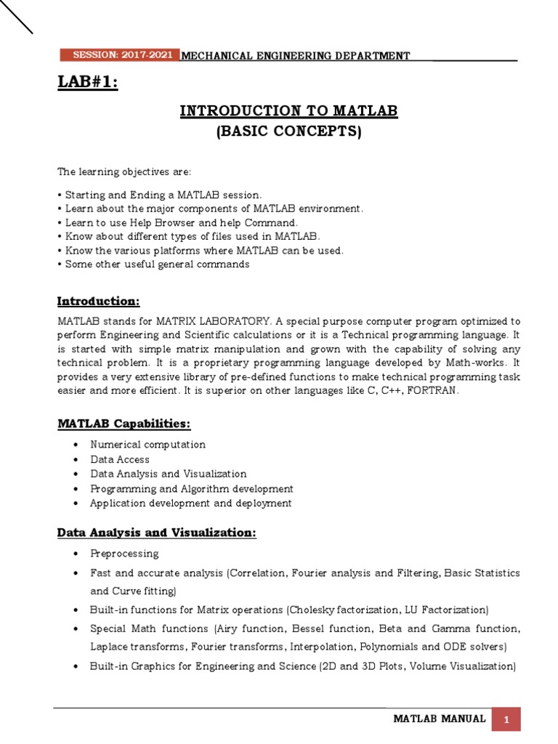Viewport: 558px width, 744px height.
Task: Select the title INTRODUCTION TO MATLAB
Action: [x=288, y=111]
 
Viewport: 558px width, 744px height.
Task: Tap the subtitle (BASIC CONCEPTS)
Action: [x=288, y=132]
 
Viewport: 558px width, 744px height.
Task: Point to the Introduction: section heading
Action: [x=98, y=301]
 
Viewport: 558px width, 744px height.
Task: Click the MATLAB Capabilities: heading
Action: [x=124, y=424]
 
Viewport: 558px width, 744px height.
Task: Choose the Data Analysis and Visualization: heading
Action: [x=156, y=533]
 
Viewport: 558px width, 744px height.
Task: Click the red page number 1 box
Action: [x=506, y=719]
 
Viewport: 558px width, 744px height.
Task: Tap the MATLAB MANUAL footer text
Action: [x=439, y=719]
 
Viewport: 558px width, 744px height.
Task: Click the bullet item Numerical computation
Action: [x=147, y=444]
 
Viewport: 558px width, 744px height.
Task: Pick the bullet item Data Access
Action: [x=120, y=459]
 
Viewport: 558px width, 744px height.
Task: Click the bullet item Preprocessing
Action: [x=124, y=554]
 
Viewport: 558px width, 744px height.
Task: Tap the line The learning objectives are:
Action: [x=114, y=171]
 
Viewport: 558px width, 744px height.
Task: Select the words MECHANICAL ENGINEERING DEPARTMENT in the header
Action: [x=294, y=56]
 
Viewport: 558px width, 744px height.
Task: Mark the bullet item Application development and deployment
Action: [x=190, y=503]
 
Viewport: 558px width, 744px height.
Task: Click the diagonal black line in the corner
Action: [x=16, y=17]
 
